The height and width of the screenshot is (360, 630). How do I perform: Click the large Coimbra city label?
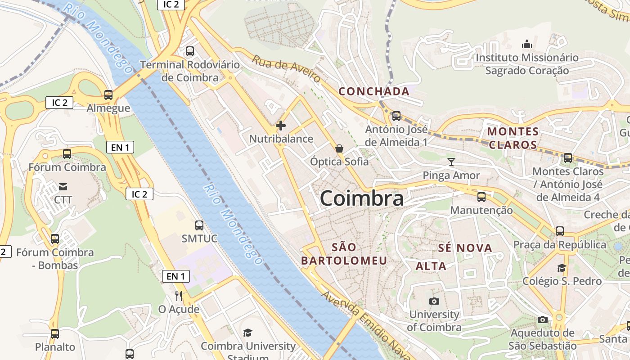pyautogui.click(x=362, y=199)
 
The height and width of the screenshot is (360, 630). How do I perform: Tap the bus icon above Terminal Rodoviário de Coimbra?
pyautogui.click(x=190, y=51)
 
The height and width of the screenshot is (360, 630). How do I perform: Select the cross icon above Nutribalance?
pyautogui.click(x=281, y=126)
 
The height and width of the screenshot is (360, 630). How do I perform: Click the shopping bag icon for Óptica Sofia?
pyautogui.click(x=339, y=148)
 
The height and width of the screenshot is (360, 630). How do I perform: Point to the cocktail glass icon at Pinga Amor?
pyautogui.click(x=451, y=162)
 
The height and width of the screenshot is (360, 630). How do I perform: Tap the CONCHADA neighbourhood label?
pyautogui.click(x=374, y=91)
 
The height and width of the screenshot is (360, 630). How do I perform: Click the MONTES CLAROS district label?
pyautogui.click(x=513, y=138)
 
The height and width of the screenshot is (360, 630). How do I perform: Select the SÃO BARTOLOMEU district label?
pyautogui.click(x=344, y=254)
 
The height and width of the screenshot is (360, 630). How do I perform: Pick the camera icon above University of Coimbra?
pyautogui.click(x=434, y=301)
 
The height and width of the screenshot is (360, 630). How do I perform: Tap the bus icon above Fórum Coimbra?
pyautogui.click(x=67, y=154)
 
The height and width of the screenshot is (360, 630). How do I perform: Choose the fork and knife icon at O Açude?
pyautogui.click(x=179, y=296)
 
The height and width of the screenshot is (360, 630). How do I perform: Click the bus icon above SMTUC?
pyautogui.click(x=199, y=225)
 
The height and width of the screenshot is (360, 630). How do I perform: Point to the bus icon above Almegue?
pyautogui.click(x=108, y=95)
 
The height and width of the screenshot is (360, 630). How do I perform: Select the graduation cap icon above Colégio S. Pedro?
pyautogui.click(x=562, y=268)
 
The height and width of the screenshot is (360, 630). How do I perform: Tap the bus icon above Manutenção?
pyautogui.click(x=481, y=197)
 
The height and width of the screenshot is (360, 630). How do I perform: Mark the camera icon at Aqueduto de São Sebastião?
pyautogui.click(x=543, y=319)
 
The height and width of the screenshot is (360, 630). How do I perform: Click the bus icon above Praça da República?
pyautogui.click(x=560, y=231)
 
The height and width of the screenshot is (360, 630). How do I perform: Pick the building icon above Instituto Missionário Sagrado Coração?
pyautogui.click(x=526, y=44)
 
